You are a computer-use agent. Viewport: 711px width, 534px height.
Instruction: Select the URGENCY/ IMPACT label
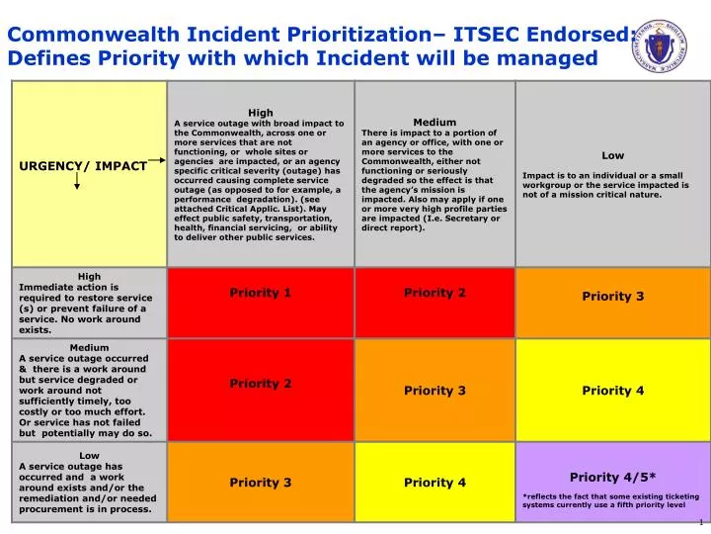(x=83, y=166)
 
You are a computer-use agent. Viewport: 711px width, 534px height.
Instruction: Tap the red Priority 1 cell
(x=261, y=293)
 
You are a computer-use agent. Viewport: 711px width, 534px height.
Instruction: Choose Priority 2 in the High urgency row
(x=434, y=293)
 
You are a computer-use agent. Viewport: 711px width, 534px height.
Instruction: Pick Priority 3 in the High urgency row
(x=612, y=296)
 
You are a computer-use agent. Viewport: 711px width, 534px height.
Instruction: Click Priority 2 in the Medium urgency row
(x=261, y=383)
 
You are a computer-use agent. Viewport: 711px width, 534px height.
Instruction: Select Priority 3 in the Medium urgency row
(x=434, y=391)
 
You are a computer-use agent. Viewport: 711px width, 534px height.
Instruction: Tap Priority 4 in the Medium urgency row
(x=612, y=391)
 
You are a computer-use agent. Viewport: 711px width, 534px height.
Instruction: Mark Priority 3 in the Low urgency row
(x=261, y=483)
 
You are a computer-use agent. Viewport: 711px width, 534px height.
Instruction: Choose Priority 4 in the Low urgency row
(x=434, y=483)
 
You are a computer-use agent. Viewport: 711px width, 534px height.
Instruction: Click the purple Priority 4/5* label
(x=612, y=477)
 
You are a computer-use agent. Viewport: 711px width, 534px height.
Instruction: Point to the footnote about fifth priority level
(x=603, y=500)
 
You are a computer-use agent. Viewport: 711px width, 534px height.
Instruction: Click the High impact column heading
(x=261, y=113)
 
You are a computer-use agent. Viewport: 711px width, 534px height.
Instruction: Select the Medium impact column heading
(x=434, y=123)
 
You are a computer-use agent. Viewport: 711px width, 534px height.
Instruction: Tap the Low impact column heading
(x=612, y=155)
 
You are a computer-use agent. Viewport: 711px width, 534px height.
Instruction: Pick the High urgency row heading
(x=89, y=277)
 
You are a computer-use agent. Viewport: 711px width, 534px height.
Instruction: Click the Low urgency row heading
(x=89, y=456)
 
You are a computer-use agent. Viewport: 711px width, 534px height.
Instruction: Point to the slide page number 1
(x=700, y=522)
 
